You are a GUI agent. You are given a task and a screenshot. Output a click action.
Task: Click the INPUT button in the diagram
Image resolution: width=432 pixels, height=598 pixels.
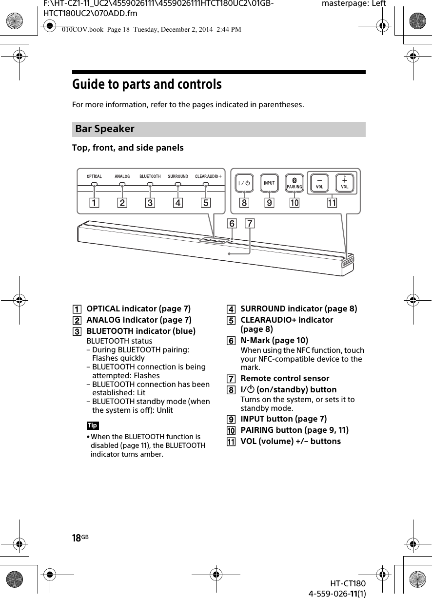(x=269, y=183)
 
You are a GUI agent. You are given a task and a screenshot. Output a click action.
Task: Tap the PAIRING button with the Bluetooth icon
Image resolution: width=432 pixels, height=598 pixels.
(x=294, y=183)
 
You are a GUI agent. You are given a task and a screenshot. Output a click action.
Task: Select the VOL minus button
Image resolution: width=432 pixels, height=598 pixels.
(x=320, y=183)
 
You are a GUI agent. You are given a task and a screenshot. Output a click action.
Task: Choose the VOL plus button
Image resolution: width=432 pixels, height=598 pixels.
(x=345, y=183)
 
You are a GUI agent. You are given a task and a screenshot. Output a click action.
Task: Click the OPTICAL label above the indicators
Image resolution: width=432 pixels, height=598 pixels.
(x=95, y=176)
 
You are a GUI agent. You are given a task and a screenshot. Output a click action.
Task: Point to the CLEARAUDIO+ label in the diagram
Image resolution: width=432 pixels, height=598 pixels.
(x=208, y=176)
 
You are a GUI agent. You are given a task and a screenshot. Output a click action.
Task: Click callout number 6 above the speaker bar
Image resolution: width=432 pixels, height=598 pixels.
(x=232, y=224)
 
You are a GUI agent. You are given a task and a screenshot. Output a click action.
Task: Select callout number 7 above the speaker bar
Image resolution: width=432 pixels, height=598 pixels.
(x=250, y=224)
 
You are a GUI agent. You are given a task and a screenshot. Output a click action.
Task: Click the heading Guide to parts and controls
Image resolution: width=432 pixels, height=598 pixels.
(x=147, y=85)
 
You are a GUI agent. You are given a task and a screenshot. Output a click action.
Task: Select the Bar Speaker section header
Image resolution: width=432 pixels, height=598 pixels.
(x=105, y=129)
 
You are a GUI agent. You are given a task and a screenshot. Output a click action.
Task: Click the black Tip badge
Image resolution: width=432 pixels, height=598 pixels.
(x=93, y=425)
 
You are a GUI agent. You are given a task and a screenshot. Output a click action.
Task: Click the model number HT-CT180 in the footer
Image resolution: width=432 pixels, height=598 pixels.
(x=347, y=584)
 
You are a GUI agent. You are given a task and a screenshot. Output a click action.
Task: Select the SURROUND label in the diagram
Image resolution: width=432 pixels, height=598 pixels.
(x=178, y=176)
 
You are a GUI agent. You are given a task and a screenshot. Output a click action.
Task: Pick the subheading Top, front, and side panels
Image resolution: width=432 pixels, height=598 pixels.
(x=128, y=148)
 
